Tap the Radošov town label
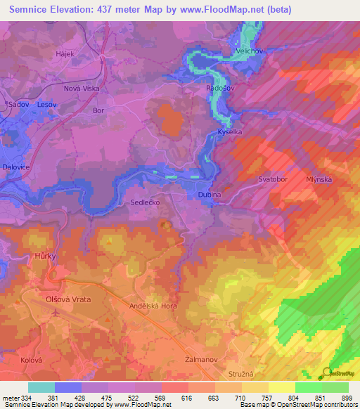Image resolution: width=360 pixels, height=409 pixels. point(219,89)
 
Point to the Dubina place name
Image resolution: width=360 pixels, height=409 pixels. point(209,195)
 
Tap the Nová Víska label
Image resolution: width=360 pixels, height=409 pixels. point(82,89)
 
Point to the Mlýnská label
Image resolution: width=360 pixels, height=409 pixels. point(319,179)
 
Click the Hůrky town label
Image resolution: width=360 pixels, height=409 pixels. point(45,257)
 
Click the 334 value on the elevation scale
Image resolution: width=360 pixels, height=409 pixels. point(22,398)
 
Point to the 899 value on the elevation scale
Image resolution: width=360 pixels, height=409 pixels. point(347,398)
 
